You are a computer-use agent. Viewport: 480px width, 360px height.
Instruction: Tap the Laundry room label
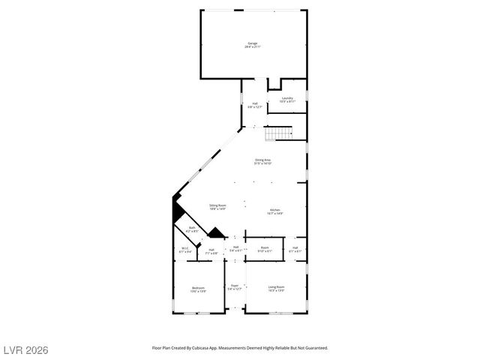click(x=287, y=98)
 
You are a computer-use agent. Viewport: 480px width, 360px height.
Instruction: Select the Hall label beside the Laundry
click(x=255, y=104)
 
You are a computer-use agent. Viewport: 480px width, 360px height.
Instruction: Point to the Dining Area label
click(x=262, y=160)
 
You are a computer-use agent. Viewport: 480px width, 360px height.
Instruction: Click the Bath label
click(x=192, y=229)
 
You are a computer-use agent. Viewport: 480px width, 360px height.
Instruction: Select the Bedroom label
click(x=198, y=289)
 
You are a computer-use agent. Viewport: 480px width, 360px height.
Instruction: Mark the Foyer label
click(x=235, y=286)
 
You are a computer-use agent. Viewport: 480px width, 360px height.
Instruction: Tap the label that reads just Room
click(x=265, y=248)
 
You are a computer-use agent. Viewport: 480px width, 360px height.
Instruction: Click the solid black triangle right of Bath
click(x=216, y=234)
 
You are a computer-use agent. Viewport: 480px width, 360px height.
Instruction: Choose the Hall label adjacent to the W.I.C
click(x=211, y=250)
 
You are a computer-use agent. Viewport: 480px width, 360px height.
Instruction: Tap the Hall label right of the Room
click(x=295, y=249)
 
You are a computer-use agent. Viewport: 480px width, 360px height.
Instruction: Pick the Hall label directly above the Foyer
click(x=235, y=247)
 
